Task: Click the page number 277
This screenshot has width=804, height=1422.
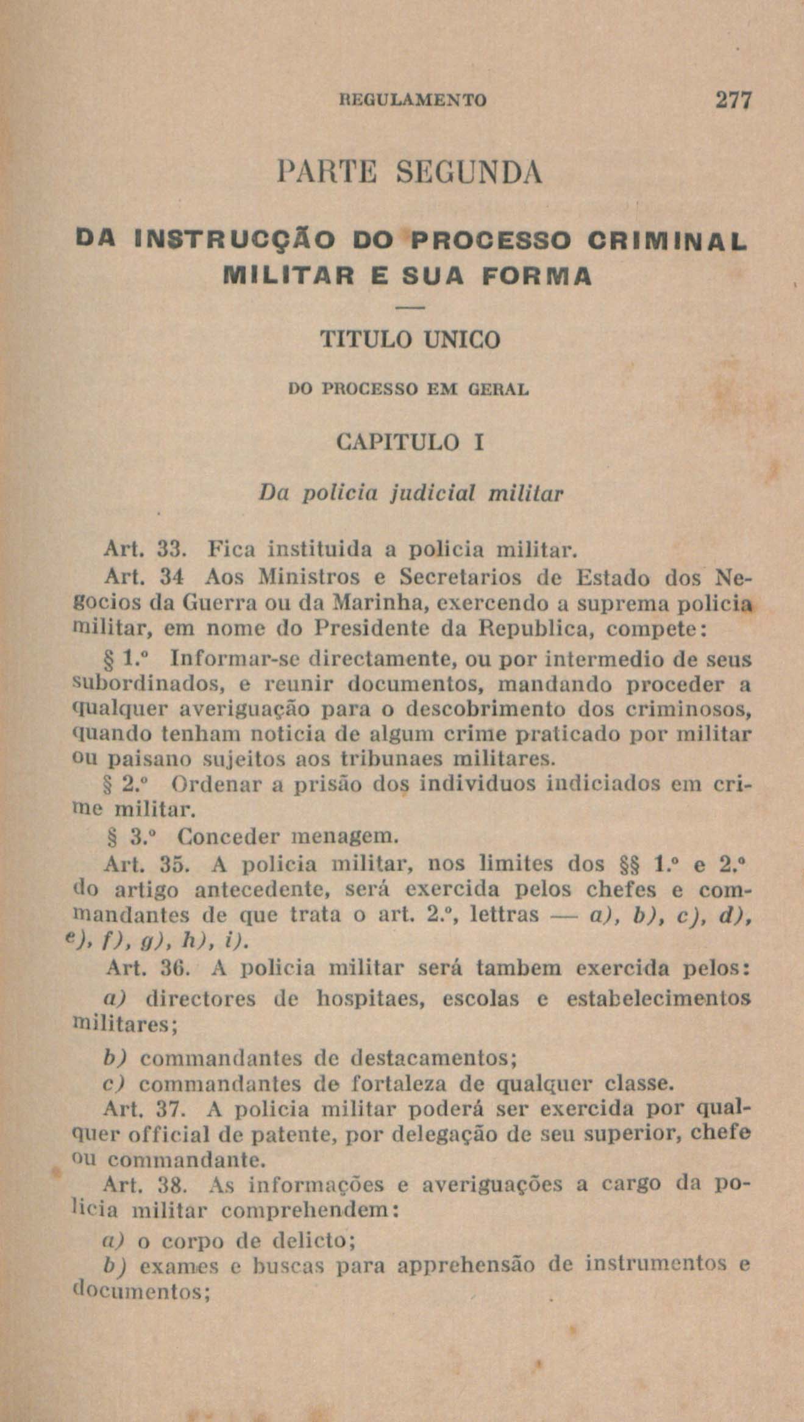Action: click(735, 100)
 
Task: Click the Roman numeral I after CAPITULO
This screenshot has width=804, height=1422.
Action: click(479, 442)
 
